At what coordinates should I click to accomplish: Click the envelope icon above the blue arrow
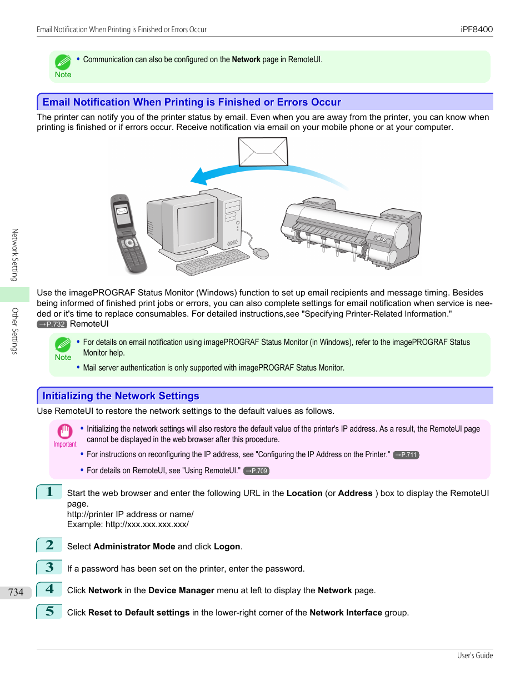[x=263, y=152]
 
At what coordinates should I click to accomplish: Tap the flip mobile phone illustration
[x=128, y=233]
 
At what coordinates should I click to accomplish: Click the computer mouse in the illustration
[x=261, y=253]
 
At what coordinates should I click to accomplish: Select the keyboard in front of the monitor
[x=213, y=262]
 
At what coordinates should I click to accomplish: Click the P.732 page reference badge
[x=52, y=324]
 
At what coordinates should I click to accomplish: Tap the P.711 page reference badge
[x=406, y=455]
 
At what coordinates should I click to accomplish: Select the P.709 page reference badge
[x=256, y=471]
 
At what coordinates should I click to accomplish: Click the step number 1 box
[x=49, y=492]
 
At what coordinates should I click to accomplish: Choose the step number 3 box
[x=49, y=567]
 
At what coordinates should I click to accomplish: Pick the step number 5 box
[x=49, y=612]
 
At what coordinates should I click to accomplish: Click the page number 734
[x=16, y=592]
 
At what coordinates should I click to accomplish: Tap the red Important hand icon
[x=64, y=432]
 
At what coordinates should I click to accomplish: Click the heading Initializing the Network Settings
[x=121, y=396]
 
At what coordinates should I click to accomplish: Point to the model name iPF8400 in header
[x=476, y=29]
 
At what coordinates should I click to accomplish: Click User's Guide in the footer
[x=474, y=656]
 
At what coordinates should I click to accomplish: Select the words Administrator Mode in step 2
[x=134, y=547]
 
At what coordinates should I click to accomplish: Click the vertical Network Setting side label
[x=15, y=255]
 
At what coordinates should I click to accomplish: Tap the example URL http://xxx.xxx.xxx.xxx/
[x=147, y=524]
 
